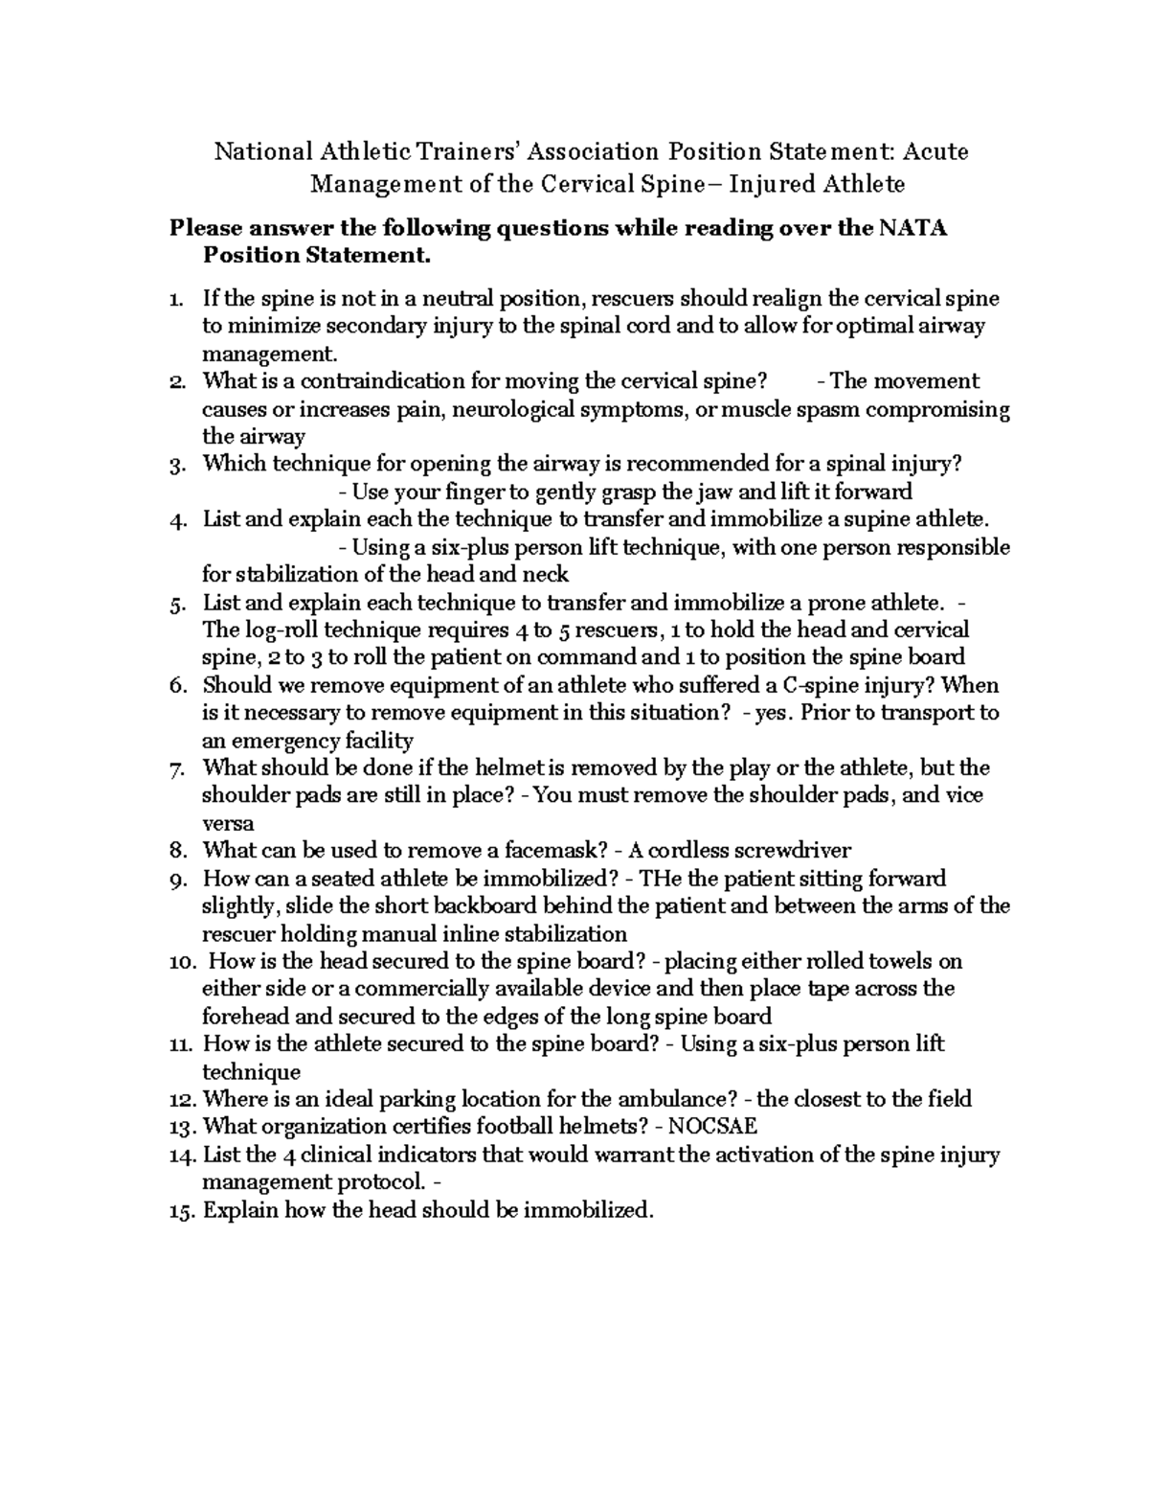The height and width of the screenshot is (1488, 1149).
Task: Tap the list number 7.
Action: coord(175,768)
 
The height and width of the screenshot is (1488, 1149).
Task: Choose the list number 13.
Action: coord(182,1127)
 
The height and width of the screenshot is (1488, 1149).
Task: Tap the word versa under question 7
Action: coord(228,823)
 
